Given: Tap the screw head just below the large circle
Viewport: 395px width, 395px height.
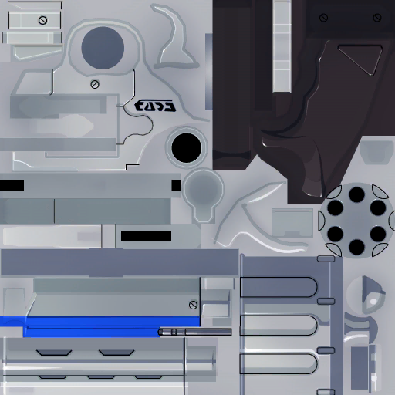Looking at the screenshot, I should (95, 83).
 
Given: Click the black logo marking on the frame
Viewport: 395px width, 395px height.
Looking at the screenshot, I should (154, 106).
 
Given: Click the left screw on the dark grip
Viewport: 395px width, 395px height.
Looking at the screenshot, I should (322, 16).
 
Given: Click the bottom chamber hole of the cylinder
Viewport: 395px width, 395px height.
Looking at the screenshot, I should (356, 247).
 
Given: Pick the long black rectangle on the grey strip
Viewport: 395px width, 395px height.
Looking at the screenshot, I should (146, 236).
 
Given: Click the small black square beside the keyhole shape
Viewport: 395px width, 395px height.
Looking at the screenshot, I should (176, 185).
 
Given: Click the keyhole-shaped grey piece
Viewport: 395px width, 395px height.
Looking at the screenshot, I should (203, 193).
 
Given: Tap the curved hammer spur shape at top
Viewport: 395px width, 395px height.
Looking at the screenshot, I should (176, 39).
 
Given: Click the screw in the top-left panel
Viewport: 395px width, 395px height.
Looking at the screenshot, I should (42, 20).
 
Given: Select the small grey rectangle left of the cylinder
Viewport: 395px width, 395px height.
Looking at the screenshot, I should (292, 222).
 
